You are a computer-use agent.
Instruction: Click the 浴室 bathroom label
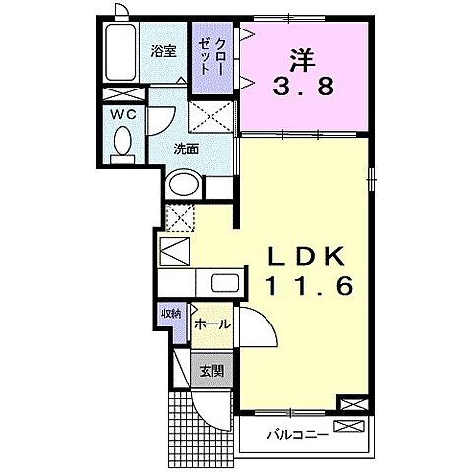coord(163,51)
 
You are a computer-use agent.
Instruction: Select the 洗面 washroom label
coord(187,149)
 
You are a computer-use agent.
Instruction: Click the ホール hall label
coord(211,324)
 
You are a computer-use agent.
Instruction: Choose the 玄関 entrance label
coord(210,372)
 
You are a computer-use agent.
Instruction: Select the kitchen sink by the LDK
coord(222,284)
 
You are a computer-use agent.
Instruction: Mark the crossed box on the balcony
coord(349,426)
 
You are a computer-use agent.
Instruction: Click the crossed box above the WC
coord(123,93)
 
